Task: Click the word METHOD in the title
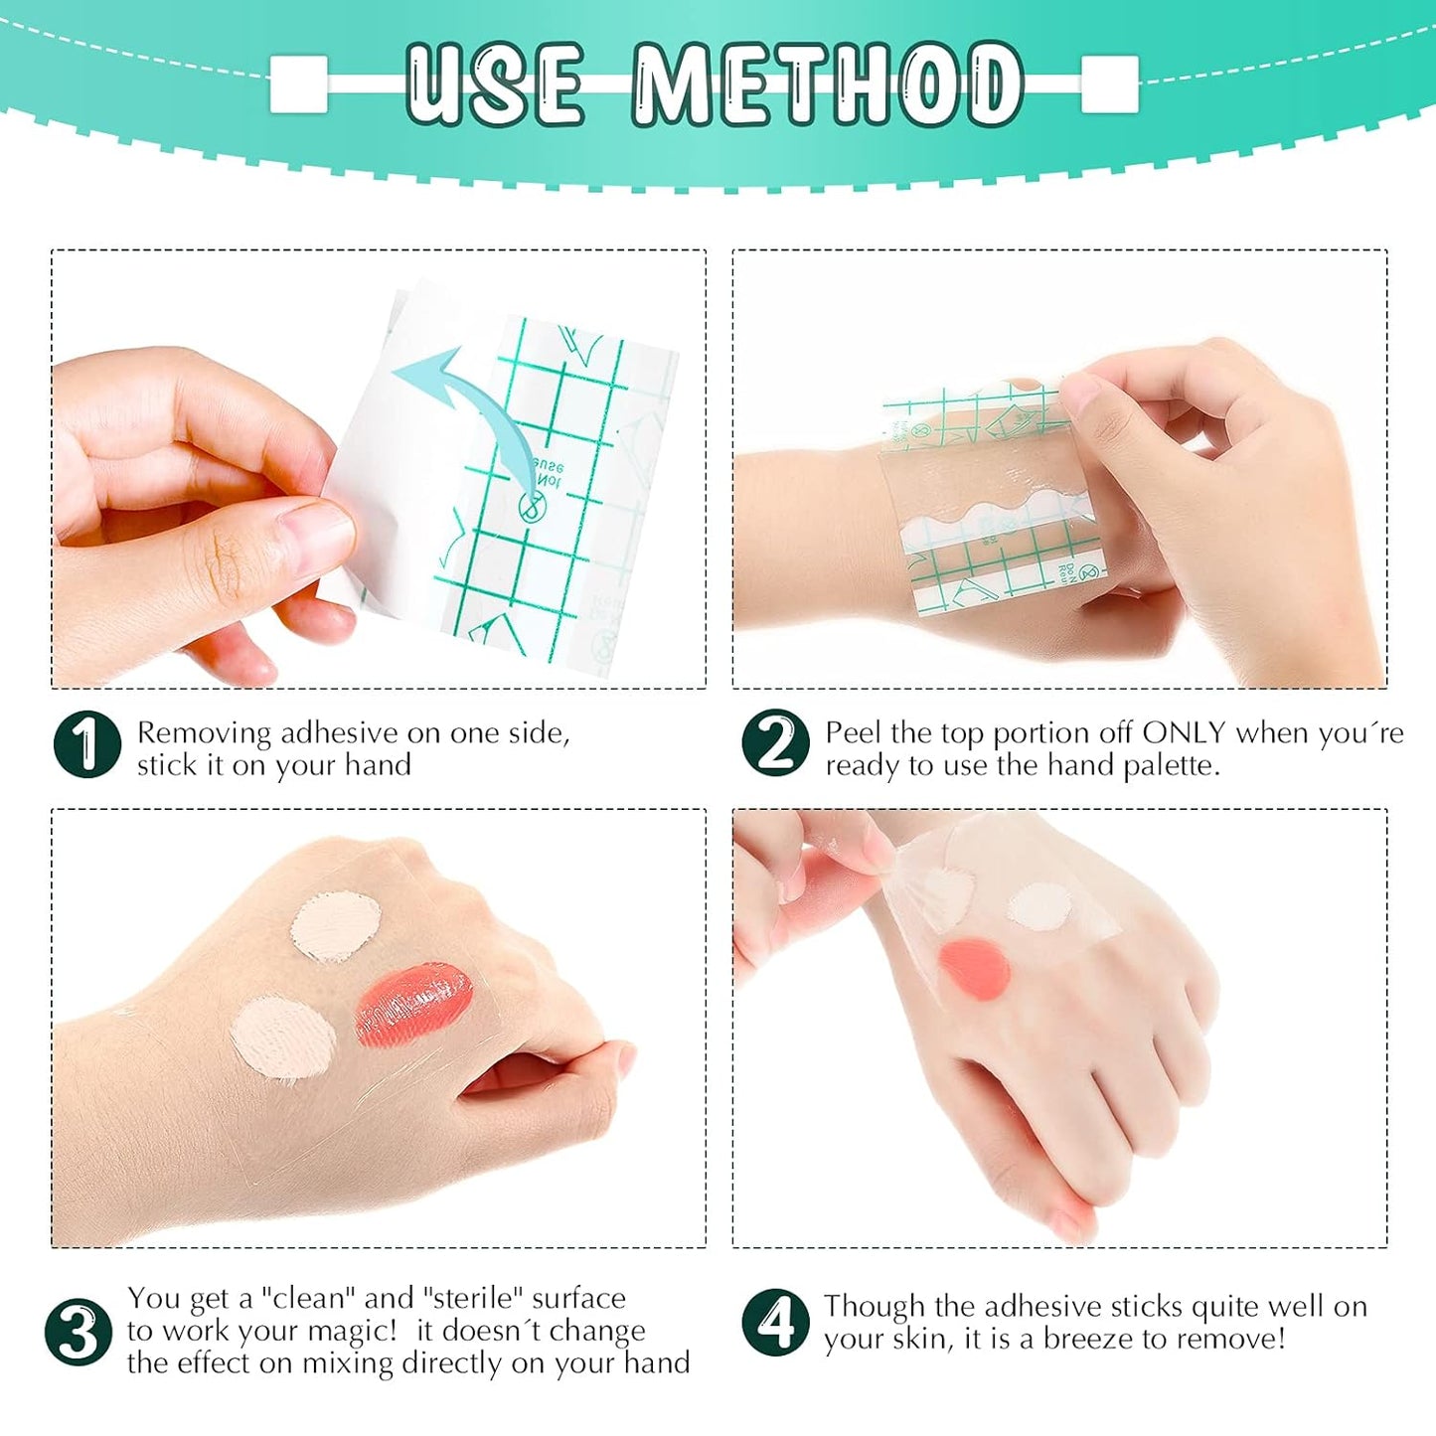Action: [x=828, y=84]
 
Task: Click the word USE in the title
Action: [x=495, y=84]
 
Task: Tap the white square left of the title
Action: [x=298, y=83]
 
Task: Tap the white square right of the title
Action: [x=1109, y=83]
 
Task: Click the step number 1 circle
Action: [x=87, y=744]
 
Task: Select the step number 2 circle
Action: [x=774, y=743]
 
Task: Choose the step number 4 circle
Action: [x=774, y=1322]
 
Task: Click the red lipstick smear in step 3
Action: [x=412, y=1007]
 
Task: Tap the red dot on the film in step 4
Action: [x=975, y=970]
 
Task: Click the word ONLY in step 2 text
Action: [x=1184, y=733]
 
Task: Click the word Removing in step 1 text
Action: [x=204, y=733]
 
